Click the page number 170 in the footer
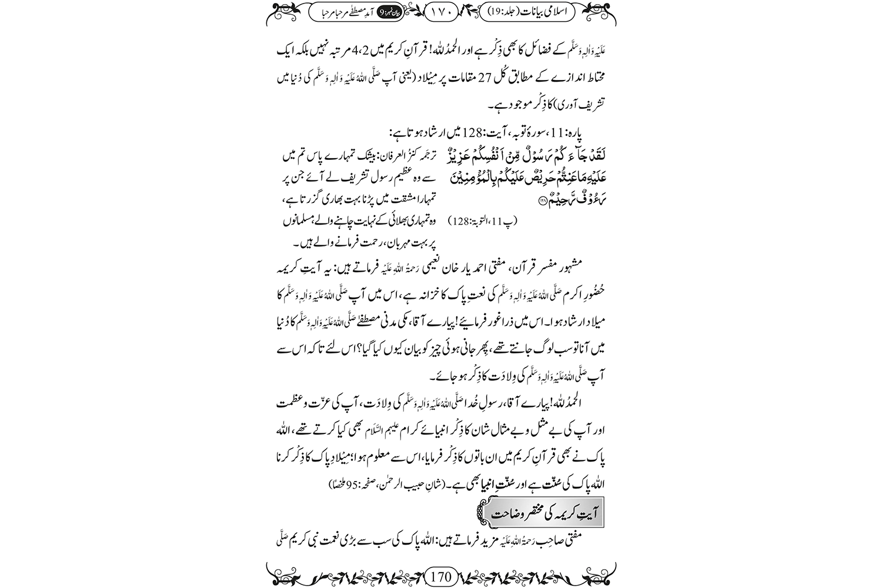(x=441, y=575)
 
